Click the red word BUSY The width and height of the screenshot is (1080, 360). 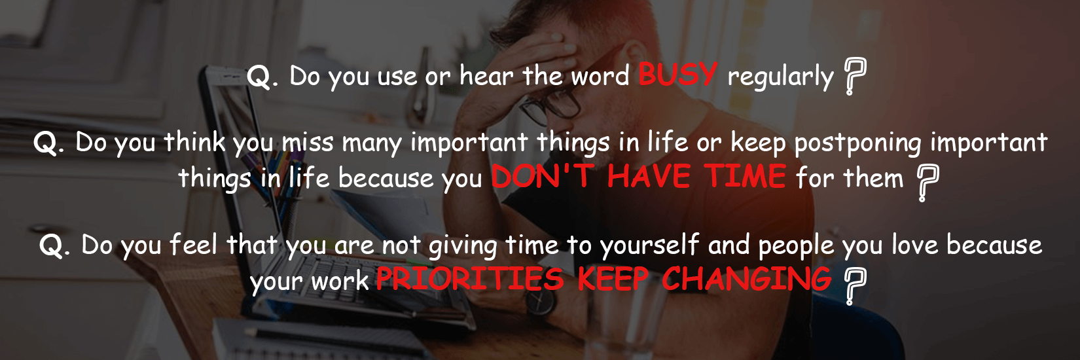[678, 74]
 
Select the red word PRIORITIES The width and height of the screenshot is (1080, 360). [470, 279]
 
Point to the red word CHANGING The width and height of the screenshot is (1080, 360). [747, 279]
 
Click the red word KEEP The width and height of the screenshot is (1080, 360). [613, 279]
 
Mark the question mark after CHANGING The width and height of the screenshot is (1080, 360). [855, 286]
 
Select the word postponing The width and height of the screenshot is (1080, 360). [857, 144]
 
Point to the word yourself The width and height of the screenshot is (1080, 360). [649, 246]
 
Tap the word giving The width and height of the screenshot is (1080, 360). [463, 247]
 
